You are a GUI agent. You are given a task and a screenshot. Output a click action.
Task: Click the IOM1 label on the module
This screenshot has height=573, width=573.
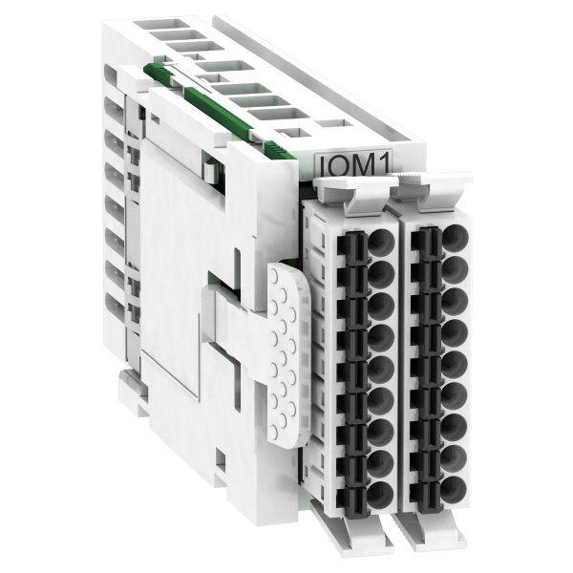click(x=353, y=163)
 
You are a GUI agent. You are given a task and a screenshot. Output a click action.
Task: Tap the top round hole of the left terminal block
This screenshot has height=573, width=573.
click(x=381, y=242)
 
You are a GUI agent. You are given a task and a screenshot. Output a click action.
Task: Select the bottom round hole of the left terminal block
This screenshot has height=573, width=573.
click(x=380, y=495)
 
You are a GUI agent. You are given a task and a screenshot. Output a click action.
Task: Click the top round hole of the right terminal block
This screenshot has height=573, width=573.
click(x=455, y=237)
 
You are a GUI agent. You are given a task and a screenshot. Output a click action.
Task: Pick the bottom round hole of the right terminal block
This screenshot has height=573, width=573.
click(x=454, y=489)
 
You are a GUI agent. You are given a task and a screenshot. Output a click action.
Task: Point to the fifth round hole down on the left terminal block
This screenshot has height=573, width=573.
click(x=381, y=368)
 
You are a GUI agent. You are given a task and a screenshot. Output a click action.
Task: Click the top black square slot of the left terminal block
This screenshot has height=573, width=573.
click(x=352, y=244)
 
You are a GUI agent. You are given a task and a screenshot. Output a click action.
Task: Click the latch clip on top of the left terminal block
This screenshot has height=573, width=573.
click(x=352, y=194)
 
